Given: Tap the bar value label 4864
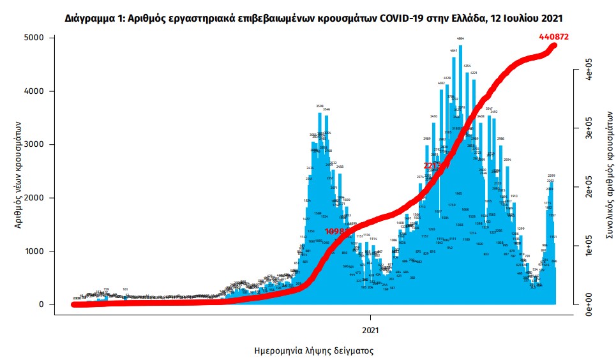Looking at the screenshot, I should point(460,38).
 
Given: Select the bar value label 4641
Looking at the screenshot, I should point(454,50).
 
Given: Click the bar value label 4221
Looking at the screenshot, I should point(474,73).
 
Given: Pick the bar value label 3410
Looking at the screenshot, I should point(433,116).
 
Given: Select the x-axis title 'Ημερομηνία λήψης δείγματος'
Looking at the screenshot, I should point(305,350).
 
